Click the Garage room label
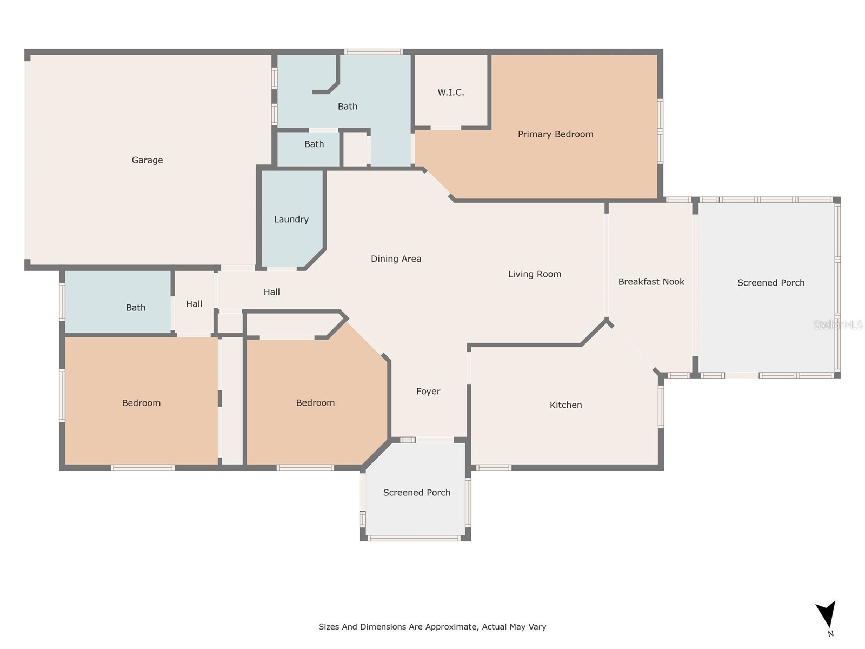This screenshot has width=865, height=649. [147, 160]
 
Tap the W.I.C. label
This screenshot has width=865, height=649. [451, 92]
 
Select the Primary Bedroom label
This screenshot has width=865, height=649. [555, 134]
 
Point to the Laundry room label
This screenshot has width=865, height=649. [291, 220]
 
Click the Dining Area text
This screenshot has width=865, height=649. [396, 259]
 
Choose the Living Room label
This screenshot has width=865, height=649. [534, 274]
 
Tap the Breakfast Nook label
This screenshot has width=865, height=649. [651, 282]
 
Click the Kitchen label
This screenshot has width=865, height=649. [565, 405]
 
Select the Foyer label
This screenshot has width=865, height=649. [428, 392]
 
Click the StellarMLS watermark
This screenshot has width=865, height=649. [838, 325]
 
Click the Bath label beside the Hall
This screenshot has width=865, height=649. [136, 308]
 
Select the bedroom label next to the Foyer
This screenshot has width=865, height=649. [315, 403]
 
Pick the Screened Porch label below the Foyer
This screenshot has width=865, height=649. [416, 493]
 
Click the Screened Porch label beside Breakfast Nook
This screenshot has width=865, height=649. [770, 283]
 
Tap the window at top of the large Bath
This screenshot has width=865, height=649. [373, 52]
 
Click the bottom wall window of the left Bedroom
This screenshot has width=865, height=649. [143, 467]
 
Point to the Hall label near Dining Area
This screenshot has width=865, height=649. [271, 292]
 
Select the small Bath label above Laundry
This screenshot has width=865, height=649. [314, 144]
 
